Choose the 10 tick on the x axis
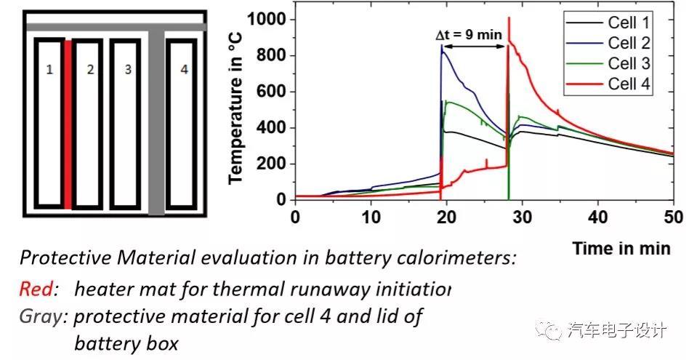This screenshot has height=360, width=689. [x=371, y=216]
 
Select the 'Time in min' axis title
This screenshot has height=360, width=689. [x=621, y=248]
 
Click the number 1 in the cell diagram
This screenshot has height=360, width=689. [x=49, y=71]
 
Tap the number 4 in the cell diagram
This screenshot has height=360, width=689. [x=184, y=71]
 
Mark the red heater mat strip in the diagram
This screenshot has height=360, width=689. [x=68, y=124]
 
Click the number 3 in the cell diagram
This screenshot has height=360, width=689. [x=128, y=71]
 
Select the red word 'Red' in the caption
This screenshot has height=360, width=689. [x=36, y=289]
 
